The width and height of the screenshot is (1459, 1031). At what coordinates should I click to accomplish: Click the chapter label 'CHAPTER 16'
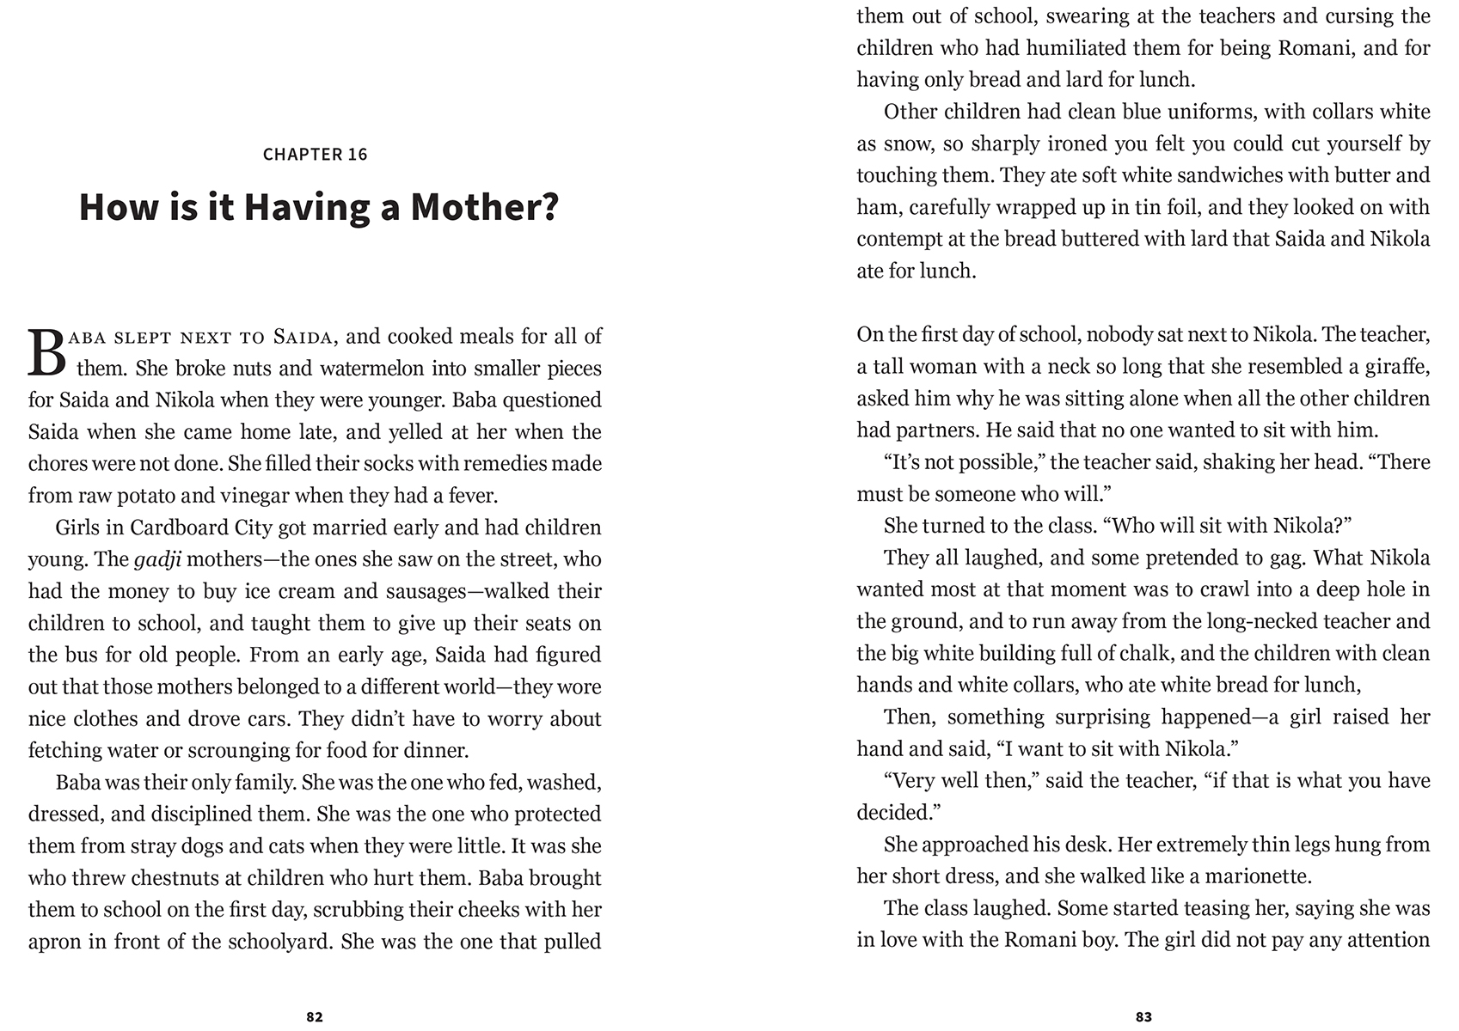tap(315, 155)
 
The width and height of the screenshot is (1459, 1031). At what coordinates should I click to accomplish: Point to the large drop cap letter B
tap(46, 353)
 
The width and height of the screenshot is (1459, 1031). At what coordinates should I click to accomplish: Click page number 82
tap(315, 1016)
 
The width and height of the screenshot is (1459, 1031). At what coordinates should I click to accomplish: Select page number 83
tap(1143, 1016)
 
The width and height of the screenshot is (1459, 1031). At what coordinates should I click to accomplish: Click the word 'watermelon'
tap(375, 369)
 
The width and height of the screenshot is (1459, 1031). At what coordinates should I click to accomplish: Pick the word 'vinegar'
tap(246, 496)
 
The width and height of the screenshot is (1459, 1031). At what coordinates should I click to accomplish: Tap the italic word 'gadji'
tap(158, 559)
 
